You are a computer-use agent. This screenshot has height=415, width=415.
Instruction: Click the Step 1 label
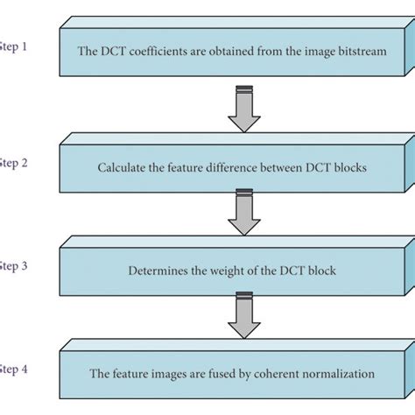[x=13, y=46]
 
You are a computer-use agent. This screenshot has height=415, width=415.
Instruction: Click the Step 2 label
[x=13, y=162]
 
